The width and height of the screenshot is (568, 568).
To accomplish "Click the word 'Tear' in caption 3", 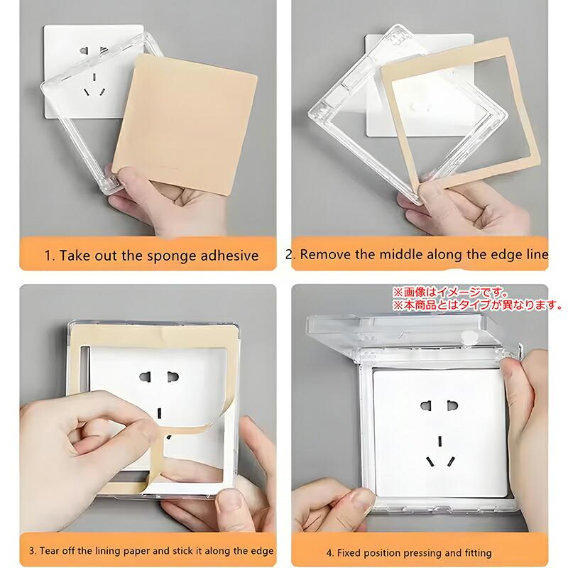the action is tap(49, 551).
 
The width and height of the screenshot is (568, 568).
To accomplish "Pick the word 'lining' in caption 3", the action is tap(109, 551).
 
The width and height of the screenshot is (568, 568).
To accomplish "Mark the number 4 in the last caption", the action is tap(329, 553).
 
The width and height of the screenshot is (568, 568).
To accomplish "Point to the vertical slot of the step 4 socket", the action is tap(440, 441).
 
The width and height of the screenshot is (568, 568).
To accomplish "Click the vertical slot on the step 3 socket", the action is tap(160, 413).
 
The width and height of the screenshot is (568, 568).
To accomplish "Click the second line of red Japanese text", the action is tap(478, 305).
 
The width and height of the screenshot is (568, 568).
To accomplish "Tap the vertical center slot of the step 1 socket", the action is tap(94, 77).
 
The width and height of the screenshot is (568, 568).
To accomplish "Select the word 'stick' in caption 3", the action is tap(183, 551).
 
